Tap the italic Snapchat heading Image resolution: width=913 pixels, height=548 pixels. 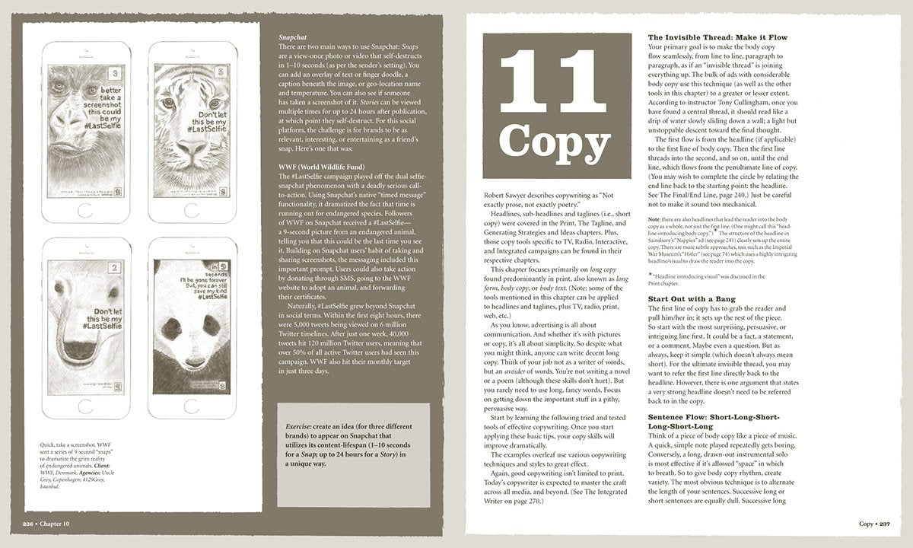(292, 35)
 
